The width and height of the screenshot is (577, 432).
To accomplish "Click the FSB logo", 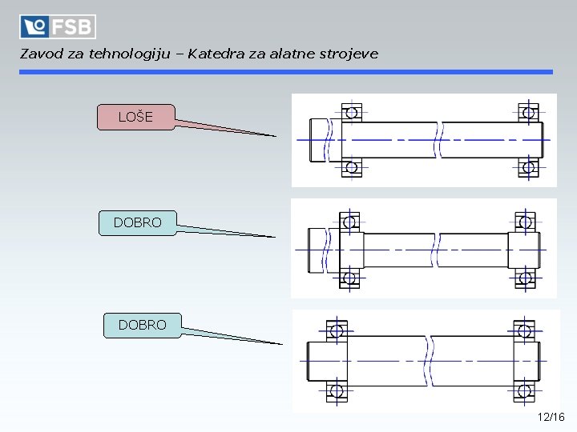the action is coord(58,26).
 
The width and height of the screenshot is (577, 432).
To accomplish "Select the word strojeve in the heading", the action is coord(347,54).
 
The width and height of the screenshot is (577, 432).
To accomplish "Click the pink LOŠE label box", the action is coord(135,117).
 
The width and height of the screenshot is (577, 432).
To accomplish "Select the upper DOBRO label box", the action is coord(137,222).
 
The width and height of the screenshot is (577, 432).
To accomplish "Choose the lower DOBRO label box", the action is coord(142,325).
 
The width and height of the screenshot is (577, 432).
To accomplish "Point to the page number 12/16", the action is coord(551,417).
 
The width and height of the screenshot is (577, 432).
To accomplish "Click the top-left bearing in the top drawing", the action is coord(351,112).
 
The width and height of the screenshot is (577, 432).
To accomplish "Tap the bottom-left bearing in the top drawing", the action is coord(351,167).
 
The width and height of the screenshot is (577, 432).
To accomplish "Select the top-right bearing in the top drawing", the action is coord(528,112).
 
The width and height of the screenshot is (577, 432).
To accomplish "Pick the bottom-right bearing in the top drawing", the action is coord(528,167).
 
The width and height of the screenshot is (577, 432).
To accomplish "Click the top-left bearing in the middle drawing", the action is coord(349,222).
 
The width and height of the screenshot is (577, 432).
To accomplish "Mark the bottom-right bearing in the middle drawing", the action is coord(526,278).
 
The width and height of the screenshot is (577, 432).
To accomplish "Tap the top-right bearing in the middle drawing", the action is coord(526,222).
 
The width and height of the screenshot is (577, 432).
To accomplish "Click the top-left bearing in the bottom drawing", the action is coord(337,330).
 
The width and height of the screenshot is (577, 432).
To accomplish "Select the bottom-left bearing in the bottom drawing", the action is coord(337,391).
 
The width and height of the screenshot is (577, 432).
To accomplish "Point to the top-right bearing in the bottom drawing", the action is coord(524,330).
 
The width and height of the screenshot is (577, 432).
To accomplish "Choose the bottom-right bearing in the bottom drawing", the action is coord(524,391).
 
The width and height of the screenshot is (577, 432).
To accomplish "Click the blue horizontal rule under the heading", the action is coord(286,72).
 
